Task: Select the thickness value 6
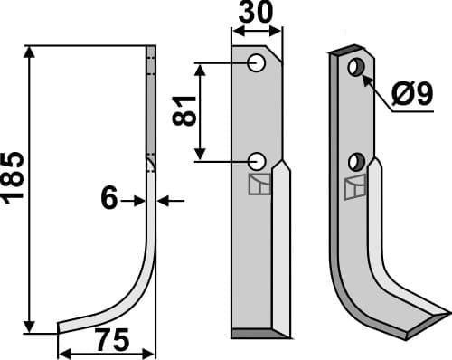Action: (109, 199)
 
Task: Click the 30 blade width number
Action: (257, 14)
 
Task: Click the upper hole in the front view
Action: (257, 63)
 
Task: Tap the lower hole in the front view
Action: (257, 161)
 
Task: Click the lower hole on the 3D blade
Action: (355, 163)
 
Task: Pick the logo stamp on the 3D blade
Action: (355, 189)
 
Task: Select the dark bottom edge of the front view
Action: (258, 334)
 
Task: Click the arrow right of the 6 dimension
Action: (165, 200)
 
